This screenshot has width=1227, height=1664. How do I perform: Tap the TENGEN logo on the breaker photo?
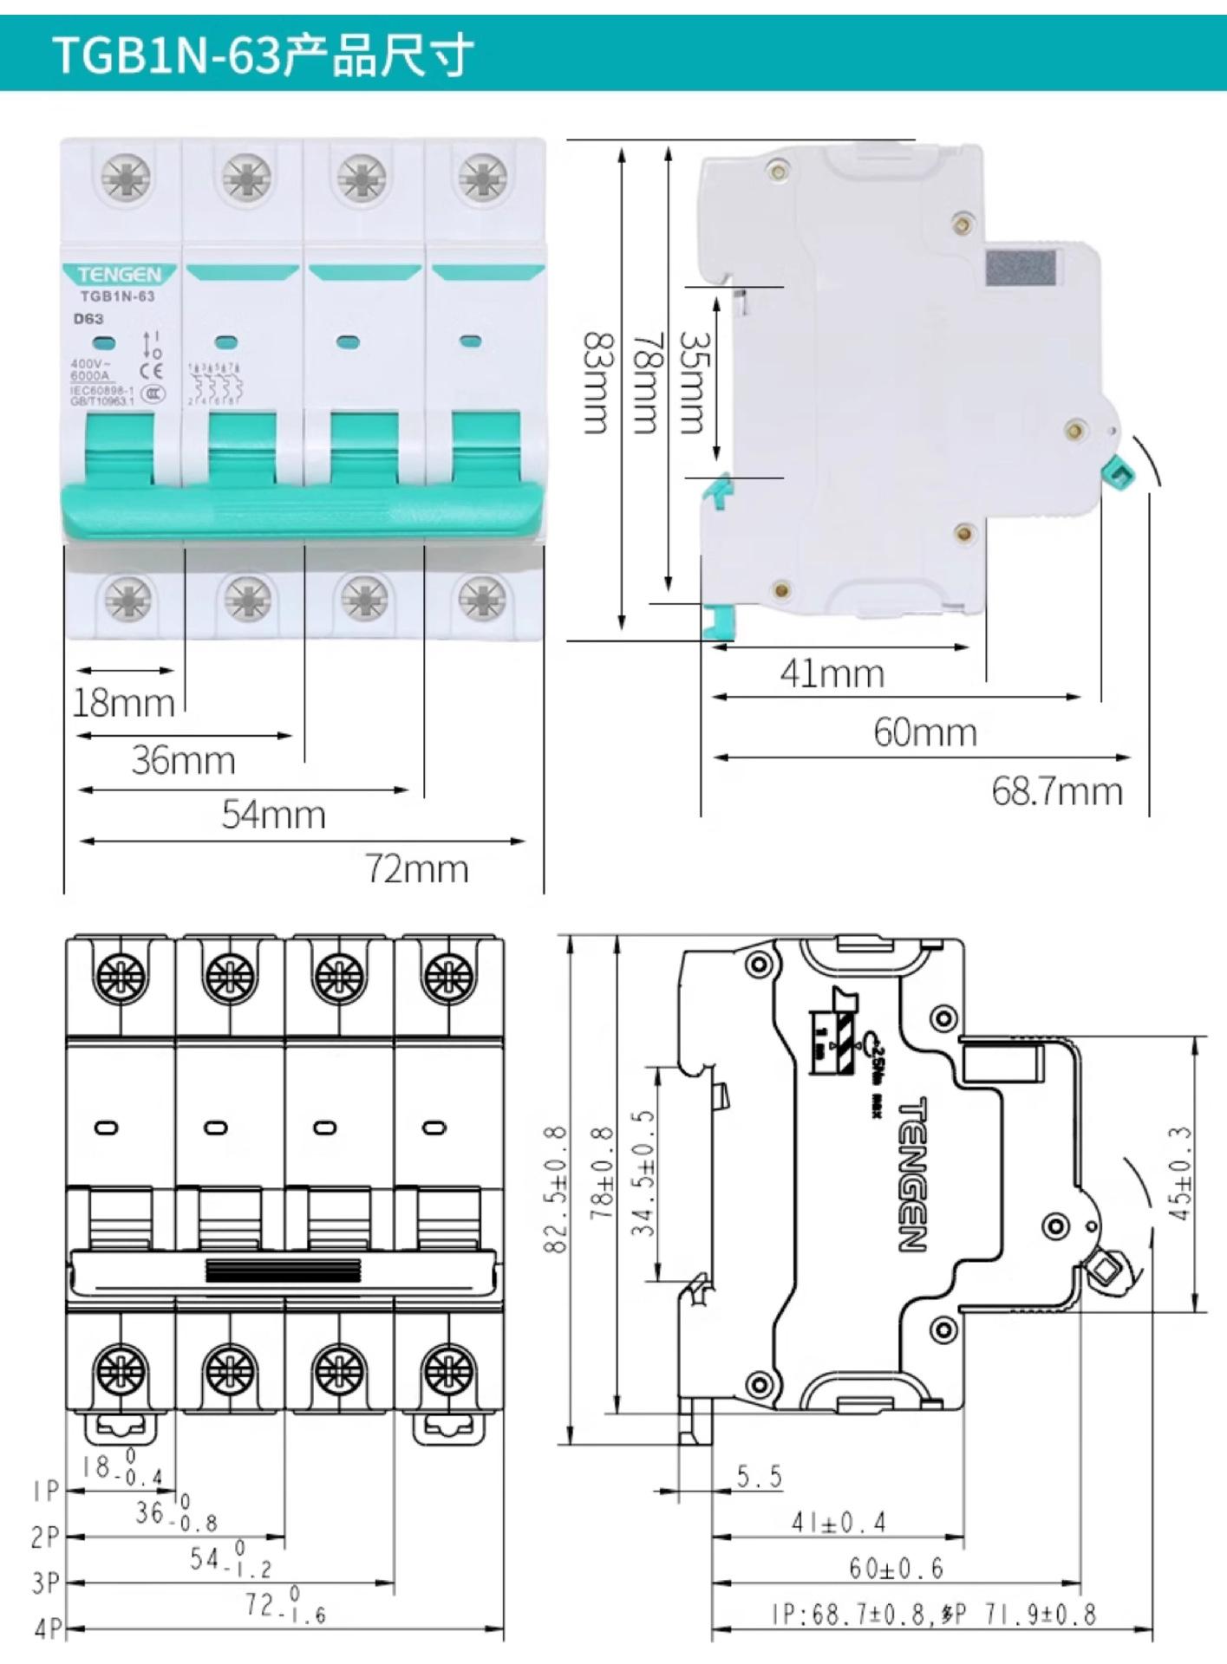tap(119, 275)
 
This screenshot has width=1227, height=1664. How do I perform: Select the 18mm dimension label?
tap(123, 702)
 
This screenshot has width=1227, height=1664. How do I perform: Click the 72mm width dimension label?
tap(416, 868)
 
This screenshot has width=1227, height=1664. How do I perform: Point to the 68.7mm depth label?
tap(1057, 791)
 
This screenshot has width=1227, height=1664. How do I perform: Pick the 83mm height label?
tap(597, 382)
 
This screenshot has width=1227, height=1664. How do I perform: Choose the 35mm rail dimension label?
tap(693, 382)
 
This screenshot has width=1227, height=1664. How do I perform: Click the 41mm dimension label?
tap(832, 673)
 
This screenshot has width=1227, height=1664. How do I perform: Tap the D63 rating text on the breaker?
tap(88, 318)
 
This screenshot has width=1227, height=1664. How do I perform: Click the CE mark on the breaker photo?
tap(152, 372)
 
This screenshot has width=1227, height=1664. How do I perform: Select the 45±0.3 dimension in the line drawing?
tap(1180, 1173)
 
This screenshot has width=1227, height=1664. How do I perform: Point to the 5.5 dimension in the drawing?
tap(759, 1476)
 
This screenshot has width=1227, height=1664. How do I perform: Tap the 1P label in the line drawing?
tap(45, 1492)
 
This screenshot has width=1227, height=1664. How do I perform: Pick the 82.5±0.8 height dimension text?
tap(556, 1189)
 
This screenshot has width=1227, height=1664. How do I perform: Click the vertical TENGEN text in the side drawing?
tap(912, 1174)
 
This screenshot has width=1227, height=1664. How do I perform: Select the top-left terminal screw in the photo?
tap(127, 178)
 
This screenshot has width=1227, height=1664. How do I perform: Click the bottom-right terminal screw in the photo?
tap(483, 599)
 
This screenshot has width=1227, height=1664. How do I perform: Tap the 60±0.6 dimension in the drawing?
tap(895, 1568)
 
